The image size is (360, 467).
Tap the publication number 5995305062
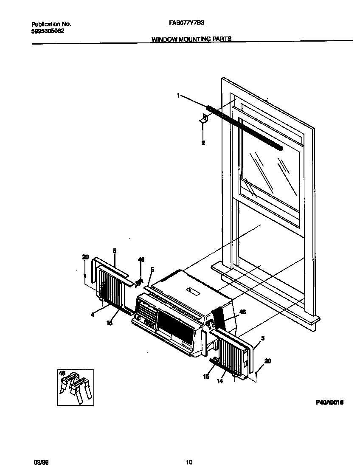[x=48, y=31]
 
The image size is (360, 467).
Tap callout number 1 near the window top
[x=178, y=96]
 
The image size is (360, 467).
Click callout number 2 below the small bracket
[x=203, y=143]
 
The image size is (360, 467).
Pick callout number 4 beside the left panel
[x=92, y=315]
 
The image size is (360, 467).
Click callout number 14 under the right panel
[x=219, y=381]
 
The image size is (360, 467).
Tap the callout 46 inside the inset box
[x=62, y=373]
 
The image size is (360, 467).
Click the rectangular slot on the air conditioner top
[x=194, y=291]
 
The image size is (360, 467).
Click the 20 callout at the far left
[x=85, y=256]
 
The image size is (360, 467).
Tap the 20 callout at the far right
[x=267, y=361]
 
